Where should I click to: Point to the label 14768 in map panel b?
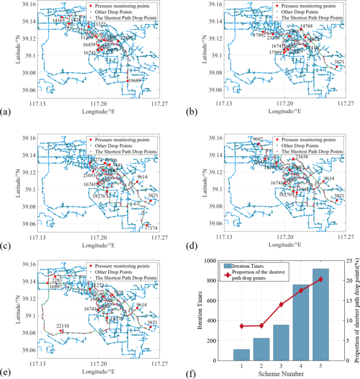pyautogui.click(x=306, y=26)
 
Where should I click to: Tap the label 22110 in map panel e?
pyautogui.click(x=63, y=326)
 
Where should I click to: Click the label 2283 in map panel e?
pyautogui.click(x=57, y=280)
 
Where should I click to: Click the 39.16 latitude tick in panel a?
pyautogui.click(x=29, y=5)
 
